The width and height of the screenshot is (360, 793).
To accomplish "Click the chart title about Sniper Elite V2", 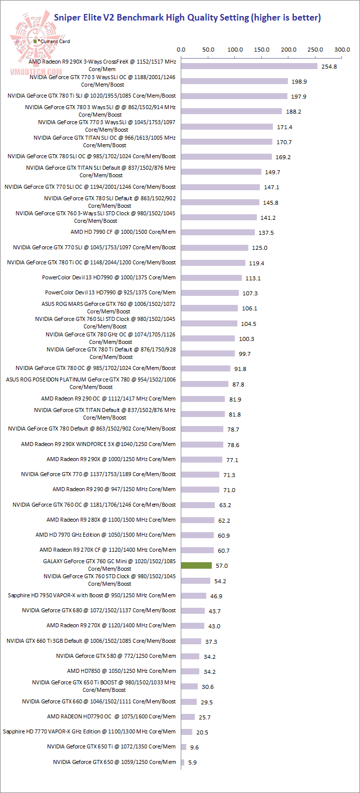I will [187, 18].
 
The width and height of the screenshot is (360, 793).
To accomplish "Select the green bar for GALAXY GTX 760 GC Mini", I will [196, 565].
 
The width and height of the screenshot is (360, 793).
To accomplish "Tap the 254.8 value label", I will [329, 67].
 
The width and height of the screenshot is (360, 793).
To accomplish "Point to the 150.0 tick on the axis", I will [262, 50].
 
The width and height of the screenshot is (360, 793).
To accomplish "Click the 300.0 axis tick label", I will [342, 50].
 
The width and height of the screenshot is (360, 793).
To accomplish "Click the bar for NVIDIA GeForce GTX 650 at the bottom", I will [183, 762].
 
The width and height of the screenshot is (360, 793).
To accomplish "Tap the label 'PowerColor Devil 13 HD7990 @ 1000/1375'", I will [109, 277].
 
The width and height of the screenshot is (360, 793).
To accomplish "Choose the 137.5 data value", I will [266, 233].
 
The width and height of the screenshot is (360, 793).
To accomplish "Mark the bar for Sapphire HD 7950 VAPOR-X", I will [194, 596].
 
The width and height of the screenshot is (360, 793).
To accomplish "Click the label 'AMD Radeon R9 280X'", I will [111, 520].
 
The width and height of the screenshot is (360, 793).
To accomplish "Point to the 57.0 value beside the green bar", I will [221, 566].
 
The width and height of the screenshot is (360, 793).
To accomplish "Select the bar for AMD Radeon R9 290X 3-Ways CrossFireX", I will [249, 66].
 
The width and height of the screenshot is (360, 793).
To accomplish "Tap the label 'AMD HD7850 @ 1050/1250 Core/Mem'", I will [121, 671].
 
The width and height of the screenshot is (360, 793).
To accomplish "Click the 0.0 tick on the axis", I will [181, 50].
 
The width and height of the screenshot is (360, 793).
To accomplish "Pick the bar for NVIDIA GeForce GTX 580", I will [190, 656].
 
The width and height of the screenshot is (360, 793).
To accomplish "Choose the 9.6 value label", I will [194, 747].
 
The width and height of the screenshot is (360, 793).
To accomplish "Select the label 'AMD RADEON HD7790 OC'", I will [111, 716].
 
